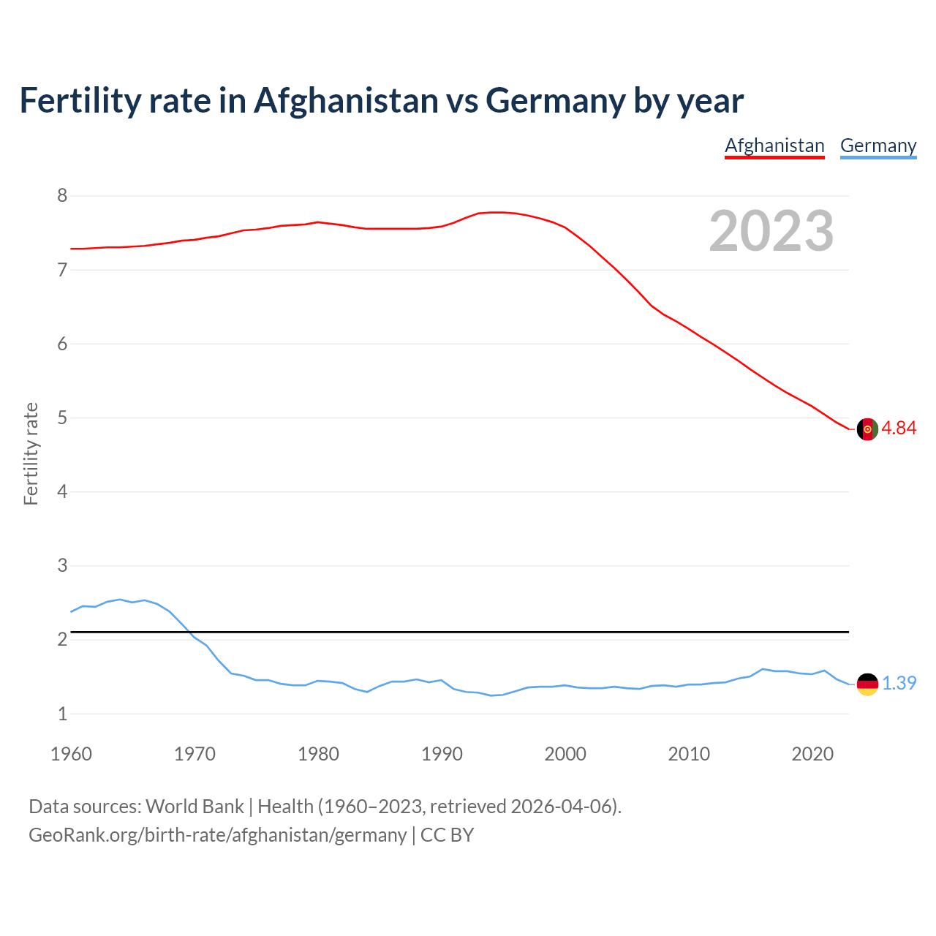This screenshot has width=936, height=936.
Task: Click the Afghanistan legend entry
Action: click(774, 146)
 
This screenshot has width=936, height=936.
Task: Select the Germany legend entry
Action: click(877, 146)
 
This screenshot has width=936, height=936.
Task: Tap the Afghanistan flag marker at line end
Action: click(867, 429)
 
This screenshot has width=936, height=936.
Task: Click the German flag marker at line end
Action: click(867, 684)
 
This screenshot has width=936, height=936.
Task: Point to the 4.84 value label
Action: click(899, 429)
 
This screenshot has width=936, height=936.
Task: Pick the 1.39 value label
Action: click(899, 684)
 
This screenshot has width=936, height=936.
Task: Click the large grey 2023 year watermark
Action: click(771, 231)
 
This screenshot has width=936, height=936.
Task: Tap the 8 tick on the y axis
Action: click(62, 196)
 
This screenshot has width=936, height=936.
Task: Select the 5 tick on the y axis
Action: click(62, 418)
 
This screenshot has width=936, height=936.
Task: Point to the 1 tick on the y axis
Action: click(62, 714)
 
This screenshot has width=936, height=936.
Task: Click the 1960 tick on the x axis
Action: click(71, 754)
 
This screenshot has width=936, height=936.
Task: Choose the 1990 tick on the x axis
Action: click(442, 754)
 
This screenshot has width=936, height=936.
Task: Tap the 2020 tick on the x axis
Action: click(812, 754)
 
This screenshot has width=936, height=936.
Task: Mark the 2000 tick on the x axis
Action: click(565, 754)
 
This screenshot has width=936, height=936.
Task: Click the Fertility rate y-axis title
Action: click(31, 453)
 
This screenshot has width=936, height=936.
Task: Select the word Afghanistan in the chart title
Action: click(346, 101)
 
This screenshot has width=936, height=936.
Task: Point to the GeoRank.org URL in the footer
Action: click(217, 835)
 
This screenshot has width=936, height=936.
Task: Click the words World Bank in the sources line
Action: click(195, 807)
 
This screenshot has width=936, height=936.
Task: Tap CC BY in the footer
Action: click(447, 835)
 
